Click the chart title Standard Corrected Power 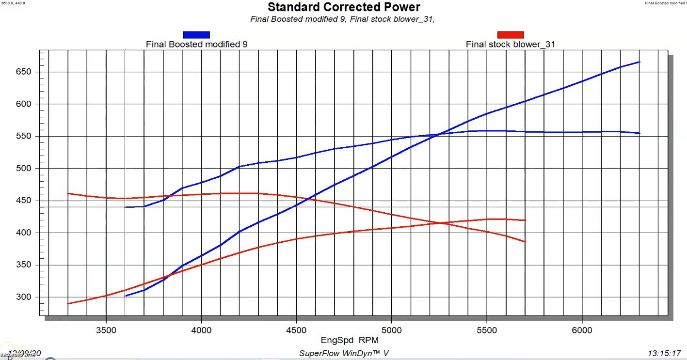(344, 7)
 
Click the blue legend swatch (196, 34)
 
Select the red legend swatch (511, 34)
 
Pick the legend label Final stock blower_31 (511, 44)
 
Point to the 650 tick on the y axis (24, 72)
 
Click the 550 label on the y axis (24, 136)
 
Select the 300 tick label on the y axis (24, 297)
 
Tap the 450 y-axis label (24, 201)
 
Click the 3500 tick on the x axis (106, 330)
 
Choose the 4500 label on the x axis (296, 330)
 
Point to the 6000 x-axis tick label (582, 330)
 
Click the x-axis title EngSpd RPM (344, 341)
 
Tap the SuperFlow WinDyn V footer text (344, 353)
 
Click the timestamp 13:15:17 (664, 353)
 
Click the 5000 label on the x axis (391, 330)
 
